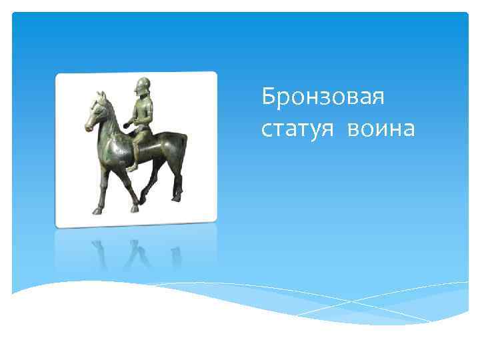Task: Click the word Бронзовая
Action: pyautogui.click(x=323, y=97)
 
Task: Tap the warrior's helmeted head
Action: pyautogui.click(x=141, y=87)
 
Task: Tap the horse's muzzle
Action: pyautogui.click(x=88, y=125)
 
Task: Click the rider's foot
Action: pyautogui.click(x=131, y=168)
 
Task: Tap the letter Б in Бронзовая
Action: pyautogui.click(x=268, y=97)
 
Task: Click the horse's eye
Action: pyautogui.click(x=97, y=108)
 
